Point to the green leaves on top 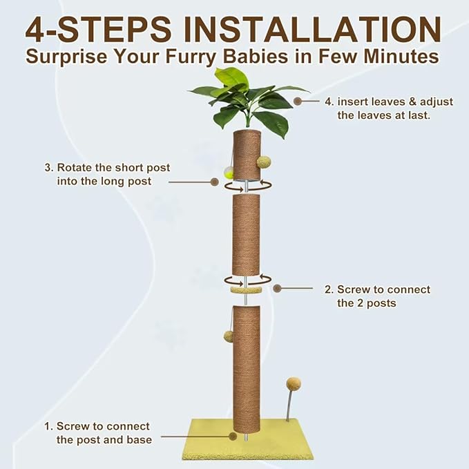pyautogui.click(x=249, y=100)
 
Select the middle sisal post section pyautogui.click(x=246, y=235)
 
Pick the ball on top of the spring pyautogui.click(x=294, y=383)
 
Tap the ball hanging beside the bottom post pyautogui.click(x=228, y=336)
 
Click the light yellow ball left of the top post pyautogui.click(x=229, y=173)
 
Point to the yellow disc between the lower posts pyautogui.click(x=246, y=290)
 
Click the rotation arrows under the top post pyautogui.click(x=247, y=184)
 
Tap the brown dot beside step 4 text pyautogui.click(x=298, y=101)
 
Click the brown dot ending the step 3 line pyautogui.click(x=214, y=182)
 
